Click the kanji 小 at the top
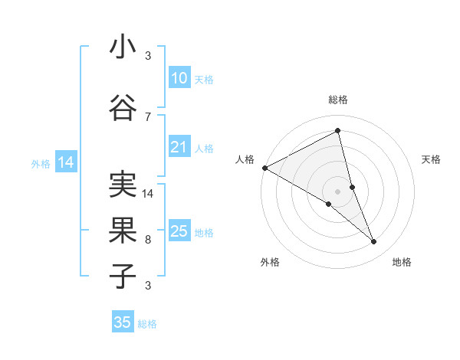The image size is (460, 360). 123,47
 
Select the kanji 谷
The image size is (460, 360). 123,108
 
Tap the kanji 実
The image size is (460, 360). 123,185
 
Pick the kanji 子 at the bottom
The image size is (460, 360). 123,277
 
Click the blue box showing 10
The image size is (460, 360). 179,78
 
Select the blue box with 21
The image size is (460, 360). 179,147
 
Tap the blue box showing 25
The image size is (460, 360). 179,231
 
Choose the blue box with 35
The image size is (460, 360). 123,322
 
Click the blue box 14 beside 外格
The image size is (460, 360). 65,162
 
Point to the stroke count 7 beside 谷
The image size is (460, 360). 147,116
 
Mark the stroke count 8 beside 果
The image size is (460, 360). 147,240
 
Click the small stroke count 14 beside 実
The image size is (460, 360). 149,194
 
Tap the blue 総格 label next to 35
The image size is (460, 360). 147,324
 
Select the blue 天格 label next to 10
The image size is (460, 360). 203,80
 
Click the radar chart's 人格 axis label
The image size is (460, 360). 245,159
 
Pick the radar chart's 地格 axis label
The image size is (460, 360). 402,262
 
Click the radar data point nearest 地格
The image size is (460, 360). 373,242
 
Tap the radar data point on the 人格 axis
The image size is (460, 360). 264,167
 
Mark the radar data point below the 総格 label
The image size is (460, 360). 337,131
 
